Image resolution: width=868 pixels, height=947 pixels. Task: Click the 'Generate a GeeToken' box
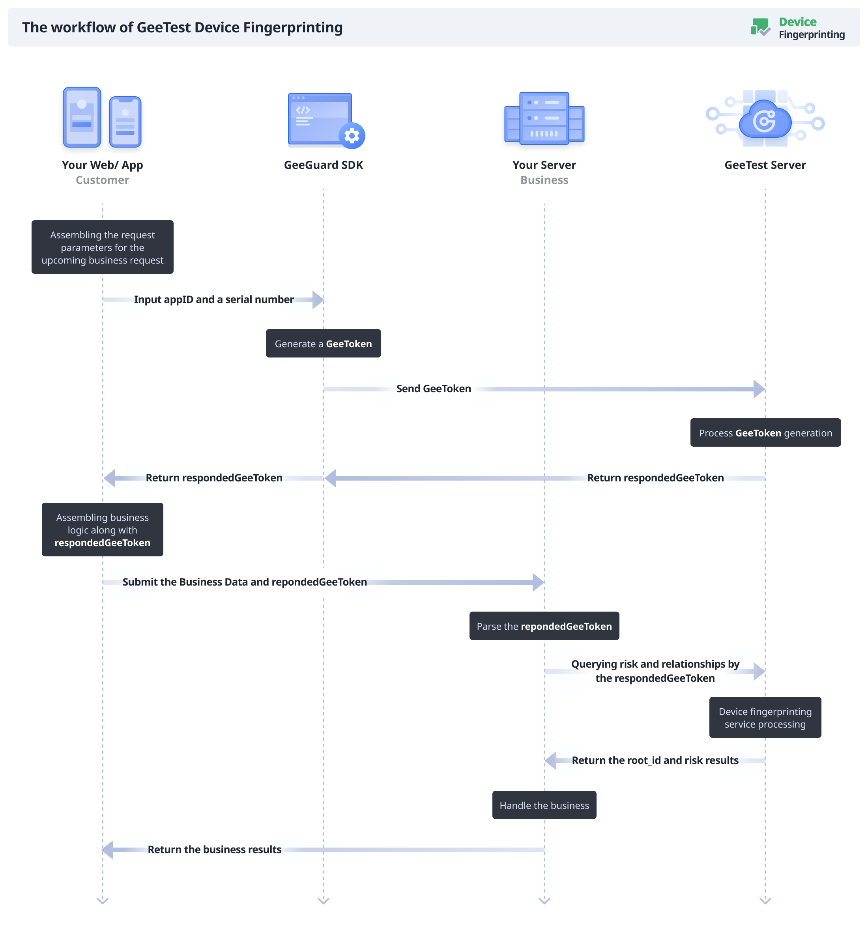[x=323, y=343]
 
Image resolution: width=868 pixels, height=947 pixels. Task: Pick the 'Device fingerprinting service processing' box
[x=765, y=717]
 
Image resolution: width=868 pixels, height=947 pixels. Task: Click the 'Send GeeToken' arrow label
[x=434, y=389]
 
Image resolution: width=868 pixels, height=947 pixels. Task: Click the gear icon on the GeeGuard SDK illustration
[x=352, y=136]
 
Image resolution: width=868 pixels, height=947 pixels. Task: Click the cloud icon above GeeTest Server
[x=765, y=120]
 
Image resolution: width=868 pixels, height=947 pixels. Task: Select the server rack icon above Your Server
[x=544, y=118]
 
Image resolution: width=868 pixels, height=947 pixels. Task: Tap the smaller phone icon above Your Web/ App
[x=125, y=122]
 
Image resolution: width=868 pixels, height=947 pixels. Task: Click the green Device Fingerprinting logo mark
[x=760, y=27]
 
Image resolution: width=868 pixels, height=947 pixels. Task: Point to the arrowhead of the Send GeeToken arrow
[x=759, y=389]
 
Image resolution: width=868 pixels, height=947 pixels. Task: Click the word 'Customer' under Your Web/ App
[x=103, y=180]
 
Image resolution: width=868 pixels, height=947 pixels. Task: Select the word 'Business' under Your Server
[x=544, y=180]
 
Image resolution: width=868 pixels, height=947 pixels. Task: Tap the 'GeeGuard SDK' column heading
[x=323, y=165]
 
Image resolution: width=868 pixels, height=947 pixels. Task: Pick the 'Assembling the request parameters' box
[x=103, y=247]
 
